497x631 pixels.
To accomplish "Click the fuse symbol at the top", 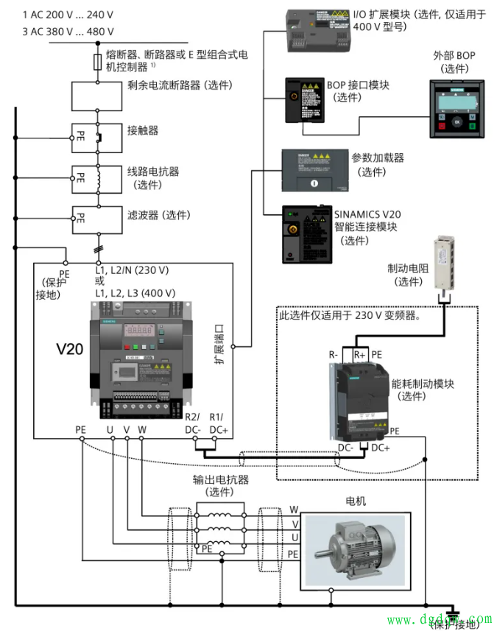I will point(99,62).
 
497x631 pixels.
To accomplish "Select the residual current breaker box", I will point(99,94).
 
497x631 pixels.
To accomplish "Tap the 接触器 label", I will point(143,130).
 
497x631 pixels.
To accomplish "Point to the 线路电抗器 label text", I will point(153,171).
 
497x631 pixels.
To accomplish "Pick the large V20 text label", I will point(72,346).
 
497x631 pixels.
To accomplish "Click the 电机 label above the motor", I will point(356,501).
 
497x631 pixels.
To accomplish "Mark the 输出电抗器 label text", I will point(221,479).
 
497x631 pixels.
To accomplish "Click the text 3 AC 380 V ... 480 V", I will point(68,31).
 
